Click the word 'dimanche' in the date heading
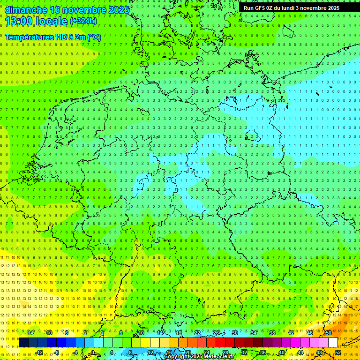pyautogui.click(x=26, y=10)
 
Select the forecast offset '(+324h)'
pyautogui.click(x=83, y=21)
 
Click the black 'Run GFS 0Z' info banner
pyautogui.click(x=298, y=8)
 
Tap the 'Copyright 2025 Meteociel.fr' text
pyautogui.click(x=200, y=357)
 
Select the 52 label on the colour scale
pyautogui.click(x=338, y=352)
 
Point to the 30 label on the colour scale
pyautogui.click(x=235, y=333)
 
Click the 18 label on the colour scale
pyautogui.click(x=179, y=333)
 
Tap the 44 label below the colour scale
pyautogui.click(x=300, y=352)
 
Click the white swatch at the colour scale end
pyautogui.click(x=333, y=343)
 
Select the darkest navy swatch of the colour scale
pyautogui.click(x=23, y=343)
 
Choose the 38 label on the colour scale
pyautogui.click(x=272, y=333)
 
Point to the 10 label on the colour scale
pyautogui.click(x=141, y=333)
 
